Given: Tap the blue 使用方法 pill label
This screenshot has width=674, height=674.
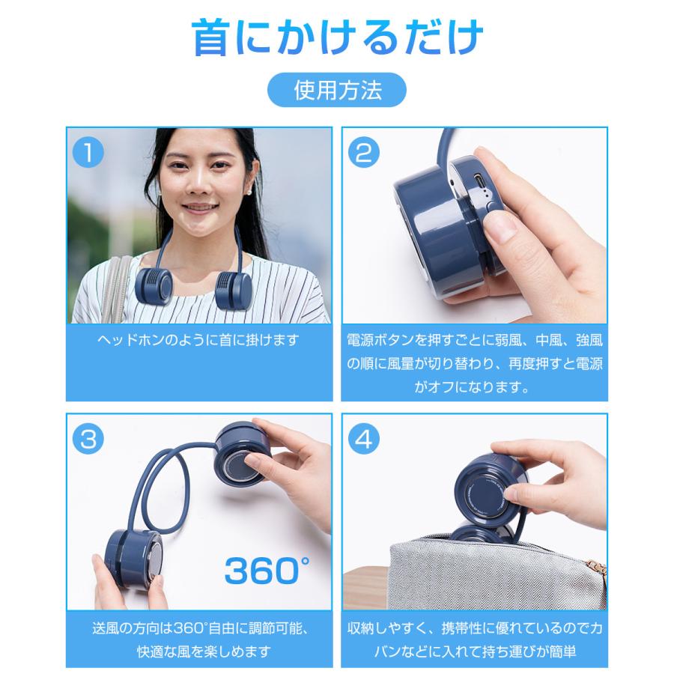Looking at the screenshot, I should [x=337, y=91].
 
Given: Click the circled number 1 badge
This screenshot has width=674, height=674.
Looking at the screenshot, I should [x=88, y=154].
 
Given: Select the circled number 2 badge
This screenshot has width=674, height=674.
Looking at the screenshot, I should [x=365, y=154].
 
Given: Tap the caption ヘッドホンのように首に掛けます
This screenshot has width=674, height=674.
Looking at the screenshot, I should [x=198, y=341].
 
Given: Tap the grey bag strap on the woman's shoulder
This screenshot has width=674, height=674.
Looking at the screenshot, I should [x=112, y=285].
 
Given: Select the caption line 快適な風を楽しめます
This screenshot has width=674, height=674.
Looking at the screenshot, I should [x=198, y=650].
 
